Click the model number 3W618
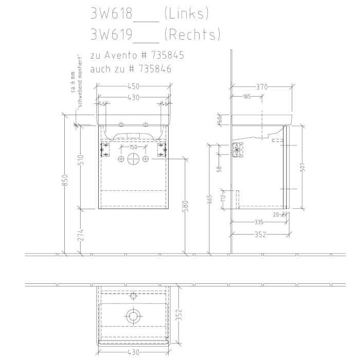[x=111, y=14]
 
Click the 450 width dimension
[x=133, y=86]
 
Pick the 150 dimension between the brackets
[x=133, y=148]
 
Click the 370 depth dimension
[x=262, y=86]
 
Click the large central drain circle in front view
[x=133, y=159]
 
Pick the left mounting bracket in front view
[x=105, y=149]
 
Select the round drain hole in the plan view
[x=133, y=315]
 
